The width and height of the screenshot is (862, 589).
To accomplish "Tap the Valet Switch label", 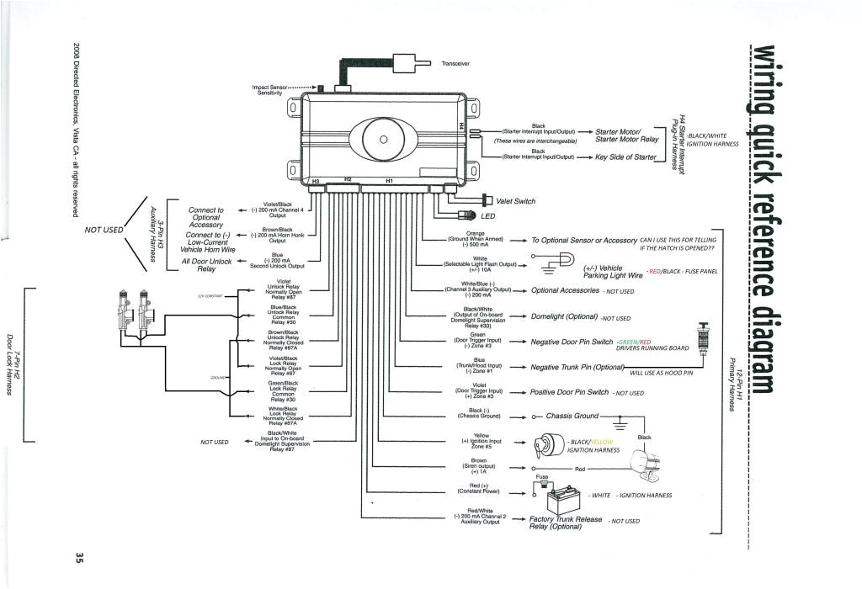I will [515, 201].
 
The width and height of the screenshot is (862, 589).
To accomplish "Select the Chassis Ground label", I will [572, 416].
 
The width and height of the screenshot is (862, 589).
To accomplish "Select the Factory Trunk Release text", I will [567, 519].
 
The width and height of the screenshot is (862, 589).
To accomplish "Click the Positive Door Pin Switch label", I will [570, 392].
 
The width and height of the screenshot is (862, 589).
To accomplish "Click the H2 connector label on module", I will [347, 179].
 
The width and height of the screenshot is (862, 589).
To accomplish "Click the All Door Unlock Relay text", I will [205, 265].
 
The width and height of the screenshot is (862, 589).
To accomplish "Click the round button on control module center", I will [382, 140].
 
